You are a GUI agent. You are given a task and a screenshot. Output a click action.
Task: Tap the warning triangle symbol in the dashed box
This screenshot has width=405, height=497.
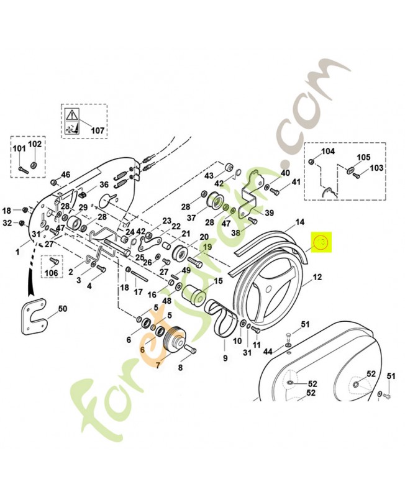[x=72, y=114]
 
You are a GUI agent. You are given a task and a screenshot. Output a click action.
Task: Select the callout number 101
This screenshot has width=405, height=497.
[x=19, y=148]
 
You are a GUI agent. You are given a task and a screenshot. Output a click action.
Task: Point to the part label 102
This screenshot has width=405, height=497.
[x=35, y=144]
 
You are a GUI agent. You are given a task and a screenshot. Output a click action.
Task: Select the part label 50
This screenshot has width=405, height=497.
[x=62, y=309]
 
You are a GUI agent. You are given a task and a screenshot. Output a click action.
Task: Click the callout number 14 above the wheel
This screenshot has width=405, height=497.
[x=299, y=222]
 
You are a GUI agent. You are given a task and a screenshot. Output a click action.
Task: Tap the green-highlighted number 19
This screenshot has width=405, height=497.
[x=205, y=247]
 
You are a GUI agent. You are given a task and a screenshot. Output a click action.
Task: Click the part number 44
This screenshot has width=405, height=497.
[x=268, y=352]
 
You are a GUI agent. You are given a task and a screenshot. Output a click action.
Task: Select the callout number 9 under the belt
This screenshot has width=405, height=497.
[x=224, y=358]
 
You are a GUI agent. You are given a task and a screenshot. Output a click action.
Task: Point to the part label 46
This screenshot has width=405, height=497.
[x=66, y=175]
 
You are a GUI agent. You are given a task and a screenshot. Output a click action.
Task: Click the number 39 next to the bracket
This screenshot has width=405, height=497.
[x=268, y=213]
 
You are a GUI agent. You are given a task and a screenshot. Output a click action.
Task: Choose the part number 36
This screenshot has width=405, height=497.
[x=104, y=185]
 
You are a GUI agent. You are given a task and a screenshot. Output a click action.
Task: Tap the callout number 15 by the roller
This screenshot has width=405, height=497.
[x=218, y=281]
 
